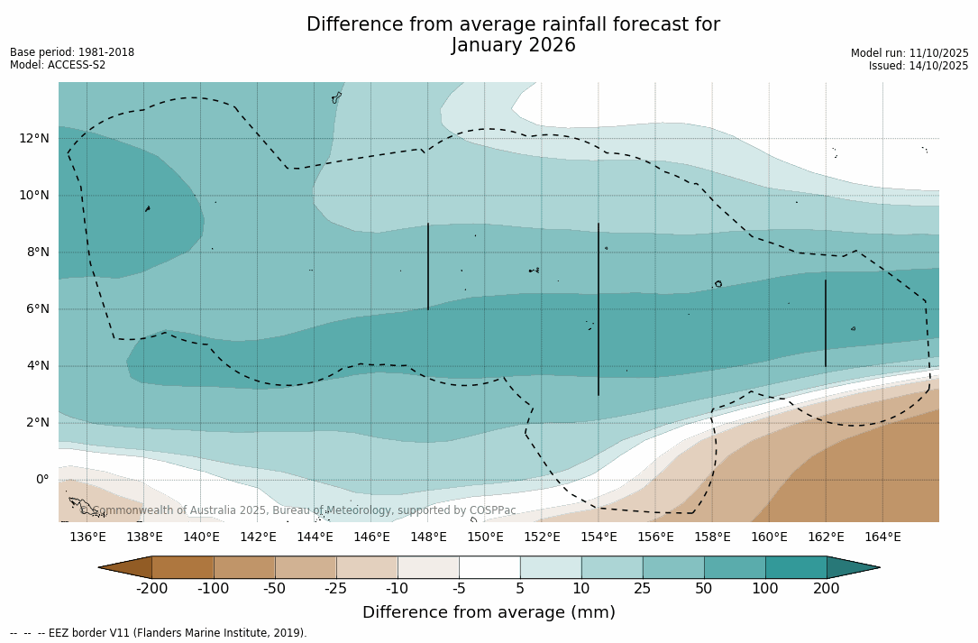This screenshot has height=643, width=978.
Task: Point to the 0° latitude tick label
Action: point(41,479)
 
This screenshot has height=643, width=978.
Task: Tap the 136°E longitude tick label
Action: point(87,537)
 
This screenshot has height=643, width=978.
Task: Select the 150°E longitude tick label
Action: point(485,537)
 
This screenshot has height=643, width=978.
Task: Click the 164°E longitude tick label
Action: point(882,537)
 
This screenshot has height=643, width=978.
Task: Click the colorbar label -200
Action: point(151,589)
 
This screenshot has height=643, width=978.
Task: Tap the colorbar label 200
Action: point(826,589)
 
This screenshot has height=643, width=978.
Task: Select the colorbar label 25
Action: point(643,589)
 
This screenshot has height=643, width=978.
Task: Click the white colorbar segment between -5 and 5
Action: point(489,567)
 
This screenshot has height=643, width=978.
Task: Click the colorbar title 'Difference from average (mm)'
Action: point(489,612)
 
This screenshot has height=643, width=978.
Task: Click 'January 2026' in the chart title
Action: point(513,45)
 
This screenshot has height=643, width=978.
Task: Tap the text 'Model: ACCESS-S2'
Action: point(58,65)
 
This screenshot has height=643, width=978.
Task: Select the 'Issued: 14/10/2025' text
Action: point(918,66)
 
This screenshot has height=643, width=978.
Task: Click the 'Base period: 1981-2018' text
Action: point(72,52)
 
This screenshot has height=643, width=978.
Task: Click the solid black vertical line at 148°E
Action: point(428,266)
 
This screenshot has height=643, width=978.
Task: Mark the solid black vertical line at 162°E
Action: point(825,323)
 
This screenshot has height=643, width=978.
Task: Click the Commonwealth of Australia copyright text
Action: point(297,510)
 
